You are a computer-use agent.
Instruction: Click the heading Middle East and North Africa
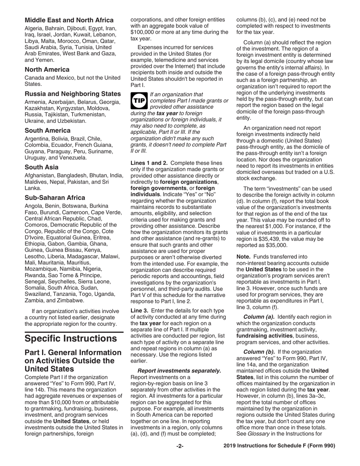point(69,20)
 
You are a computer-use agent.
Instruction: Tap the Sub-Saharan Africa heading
point(55,198)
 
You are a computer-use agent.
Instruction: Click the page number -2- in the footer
point(180,446)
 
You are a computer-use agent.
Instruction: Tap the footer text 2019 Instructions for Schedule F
point(279,446)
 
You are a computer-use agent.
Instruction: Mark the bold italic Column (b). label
point(258,353)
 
